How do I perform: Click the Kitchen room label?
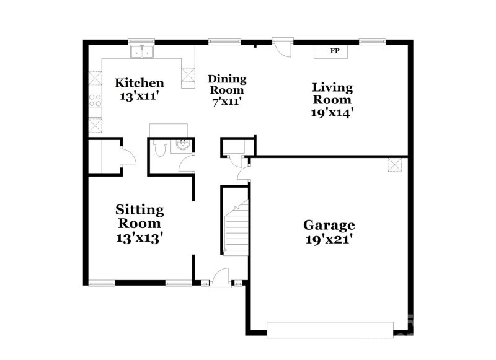(x=139, y=83)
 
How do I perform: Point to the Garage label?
(x=329, y=225)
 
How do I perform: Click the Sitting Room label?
(x=139, y=216)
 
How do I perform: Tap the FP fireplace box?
(x=335, y=51)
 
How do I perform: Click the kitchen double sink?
(x=141, y=52)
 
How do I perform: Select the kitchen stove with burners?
(x=95, y=100)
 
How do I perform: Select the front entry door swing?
(x=220, y=276)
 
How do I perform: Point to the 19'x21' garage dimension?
(x=329, y=239)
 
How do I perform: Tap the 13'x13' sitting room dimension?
(x=139, y=237)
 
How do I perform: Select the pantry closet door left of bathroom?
(x=125, y=157)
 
